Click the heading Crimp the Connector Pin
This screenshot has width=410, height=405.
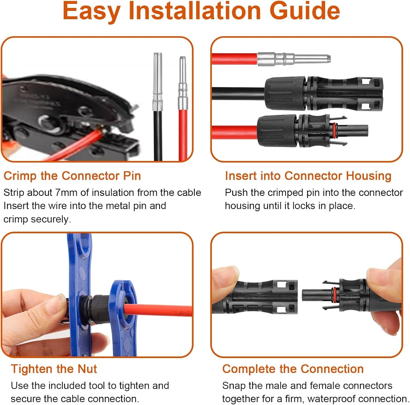click(x=72, y=176)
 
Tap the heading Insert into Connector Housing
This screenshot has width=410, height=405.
click(x=308, y=176)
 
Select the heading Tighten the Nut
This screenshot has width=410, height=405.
click(x=54, y=369)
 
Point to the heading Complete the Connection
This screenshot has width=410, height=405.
click(x=293, y=369)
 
